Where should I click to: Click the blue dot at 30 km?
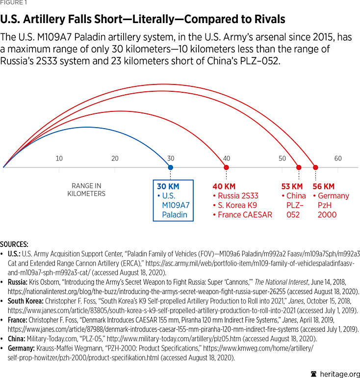(170, 167)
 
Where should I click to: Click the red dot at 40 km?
(226, 167)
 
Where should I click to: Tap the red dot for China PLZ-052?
(299, 167)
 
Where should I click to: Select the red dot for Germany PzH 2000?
(315, 167)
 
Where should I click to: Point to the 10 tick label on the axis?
(59, 159)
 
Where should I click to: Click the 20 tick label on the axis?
(115, 159)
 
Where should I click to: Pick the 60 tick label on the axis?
(338, 159)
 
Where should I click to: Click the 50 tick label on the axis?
(282, 159)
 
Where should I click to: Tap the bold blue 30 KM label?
(168, 187)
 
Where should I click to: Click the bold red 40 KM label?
(225, 187)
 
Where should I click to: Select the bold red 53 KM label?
(292, 187)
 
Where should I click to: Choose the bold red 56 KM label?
(323, 187)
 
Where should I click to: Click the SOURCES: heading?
(14, 244)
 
